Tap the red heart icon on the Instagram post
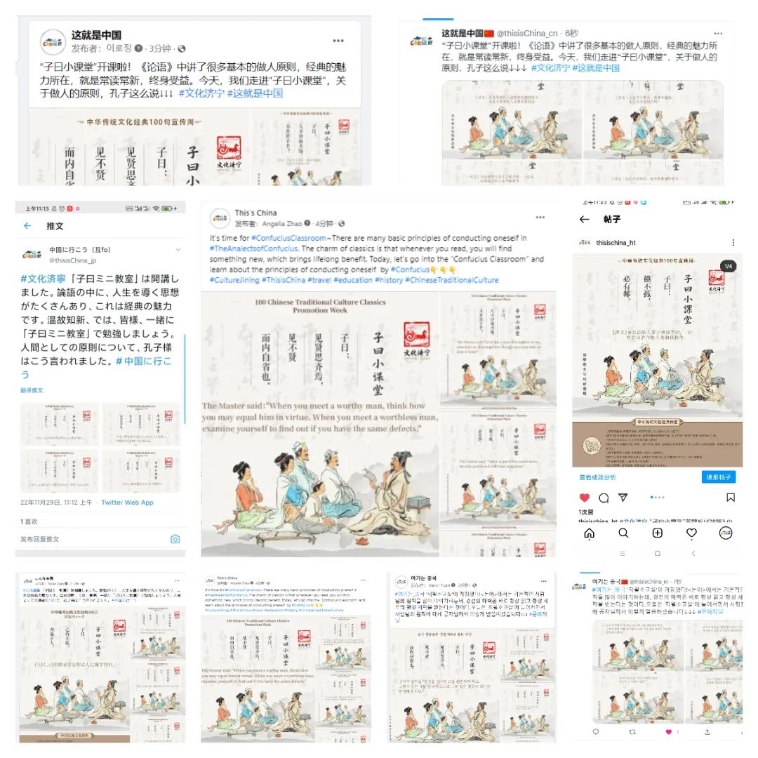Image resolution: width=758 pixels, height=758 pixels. pyautogui.click(x=584, y=498)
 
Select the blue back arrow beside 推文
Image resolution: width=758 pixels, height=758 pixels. pyautogui.click(x=27, y=226)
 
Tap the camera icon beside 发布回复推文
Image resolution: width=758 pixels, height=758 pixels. pyautogui.click(x=175, y=539)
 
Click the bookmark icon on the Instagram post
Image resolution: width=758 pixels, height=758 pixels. pyautogui.click(x=731, y=498)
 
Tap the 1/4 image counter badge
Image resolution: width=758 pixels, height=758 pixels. pyautogui.click(x=728, y=266)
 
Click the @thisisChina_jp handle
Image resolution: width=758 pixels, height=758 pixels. pyautogui.click(x=72, y=260)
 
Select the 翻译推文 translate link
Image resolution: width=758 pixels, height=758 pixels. pyautogui.click(x=32, y=390)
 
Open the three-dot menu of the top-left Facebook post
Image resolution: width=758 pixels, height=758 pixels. pyautogui.click(x=338, y=41)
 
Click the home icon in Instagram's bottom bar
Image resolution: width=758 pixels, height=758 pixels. pyautogui.click(x=589, y=533)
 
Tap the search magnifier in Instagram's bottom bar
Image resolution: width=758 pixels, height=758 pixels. pyautogui.click(x=623, y=533)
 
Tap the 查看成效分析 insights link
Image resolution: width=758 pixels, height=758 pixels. pyautogui.click(x=597, y=477)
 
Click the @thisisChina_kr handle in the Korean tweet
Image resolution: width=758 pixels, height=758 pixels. pyautogui.click(x=653, y=582)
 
